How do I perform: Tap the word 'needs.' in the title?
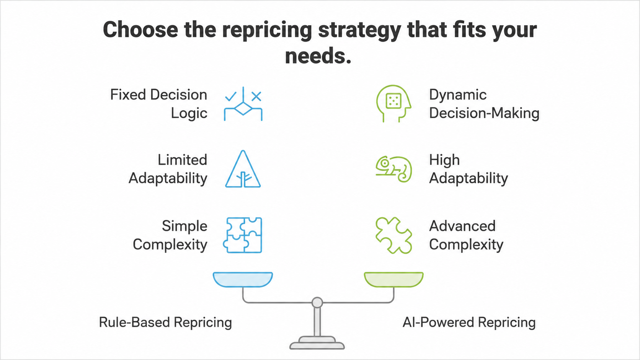tap(318, 56)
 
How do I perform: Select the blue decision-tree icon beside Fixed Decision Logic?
tap(243, 104)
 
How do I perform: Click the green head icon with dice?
tap(393, 103)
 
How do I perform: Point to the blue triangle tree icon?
tap(243, 169)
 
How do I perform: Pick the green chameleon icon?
tap(394, 169)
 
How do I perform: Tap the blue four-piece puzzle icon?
tap(243, 235)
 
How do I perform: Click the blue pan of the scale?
tap(243, 280)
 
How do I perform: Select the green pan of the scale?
tap(394, 280)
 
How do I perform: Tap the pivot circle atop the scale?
tap(317, 302)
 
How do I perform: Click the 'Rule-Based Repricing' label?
tap(165, 323)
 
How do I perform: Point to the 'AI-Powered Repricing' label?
tap(469, 323)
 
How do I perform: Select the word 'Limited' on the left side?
tap(182, 160)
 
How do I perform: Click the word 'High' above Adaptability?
tap(444, 160)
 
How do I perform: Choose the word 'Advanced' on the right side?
tap(462, 226)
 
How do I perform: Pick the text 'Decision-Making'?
tap(484, 113)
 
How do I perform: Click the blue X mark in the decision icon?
tap(256, 96)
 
